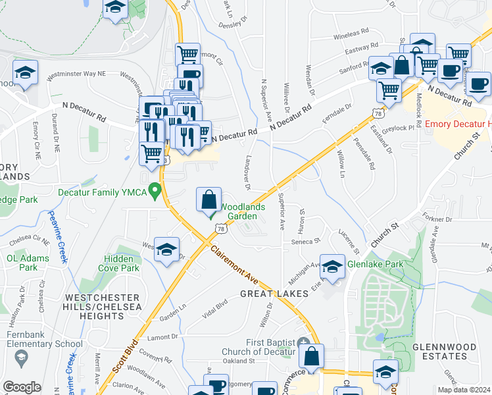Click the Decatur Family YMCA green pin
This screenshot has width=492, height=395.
pos(155,192)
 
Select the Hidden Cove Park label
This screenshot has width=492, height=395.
pos(119,263)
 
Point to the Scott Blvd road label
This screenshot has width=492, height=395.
pos(124,358)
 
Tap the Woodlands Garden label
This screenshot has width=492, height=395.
pos(241,211)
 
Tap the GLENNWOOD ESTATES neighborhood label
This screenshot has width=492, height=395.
pos(439,351)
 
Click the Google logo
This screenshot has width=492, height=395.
pos(22,387)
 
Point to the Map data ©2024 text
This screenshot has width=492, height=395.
pos(464,390)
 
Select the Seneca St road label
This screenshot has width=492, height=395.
pos(306,242)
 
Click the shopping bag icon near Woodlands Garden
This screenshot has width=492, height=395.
pos(209,199)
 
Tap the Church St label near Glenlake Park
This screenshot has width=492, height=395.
pos(385,234)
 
